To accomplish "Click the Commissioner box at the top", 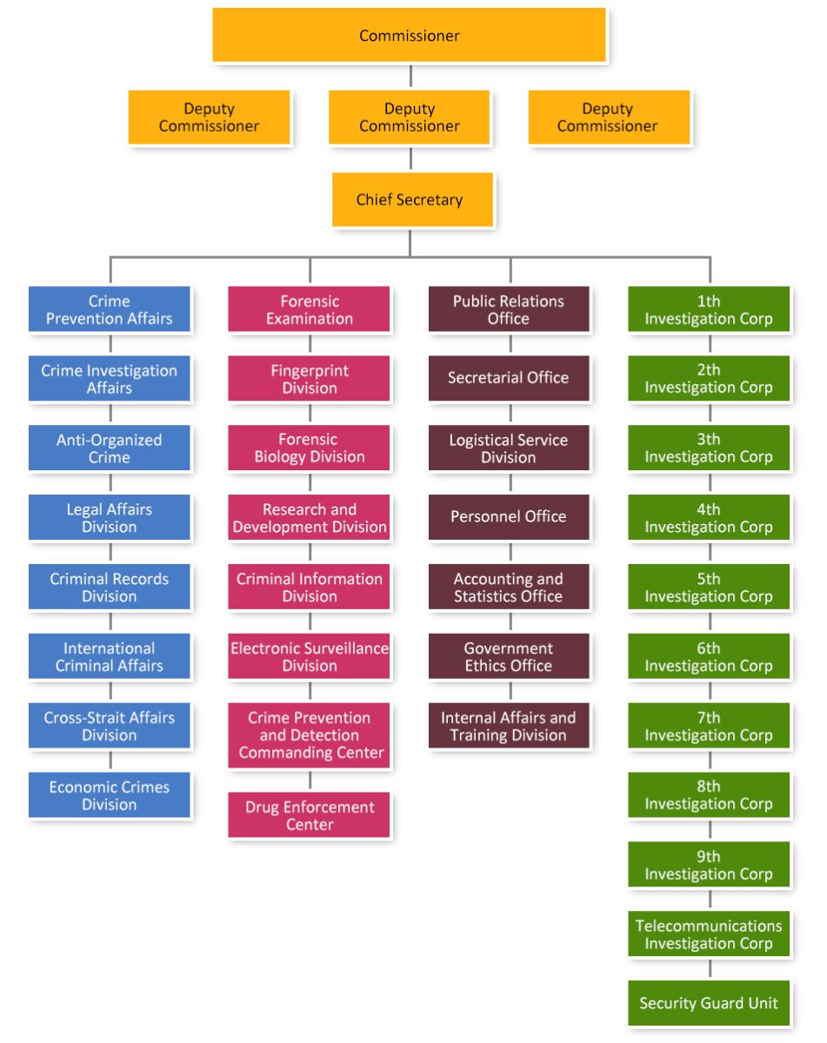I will point(409,36).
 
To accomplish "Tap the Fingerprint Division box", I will point(310,379).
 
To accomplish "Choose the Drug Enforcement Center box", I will point(310,815).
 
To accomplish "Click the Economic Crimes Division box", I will point(110,795).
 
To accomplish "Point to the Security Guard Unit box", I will point(709,1003).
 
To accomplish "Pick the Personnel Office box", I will point(509,517).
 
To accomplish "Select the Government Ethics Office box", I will point(509,657).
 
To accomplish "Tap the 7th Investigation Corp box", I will point(709,726).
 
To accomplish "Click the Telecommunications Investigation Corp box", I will point(709,934).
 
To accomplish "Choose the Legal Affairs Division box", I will point(110,518).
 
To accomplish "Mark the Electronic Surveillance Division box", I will point(310,657).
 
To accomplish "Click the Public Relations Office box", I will point(509,309).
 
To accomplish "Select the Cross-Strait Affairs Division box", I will point(110,726).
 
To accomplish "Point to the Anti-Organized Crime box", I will point(110,448).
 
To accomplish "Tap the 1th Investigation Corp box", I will point(709,309).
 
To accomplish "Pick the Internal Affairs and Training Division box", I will point(509,726).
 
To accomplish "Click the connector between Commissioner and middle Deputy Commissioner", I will point(410,76).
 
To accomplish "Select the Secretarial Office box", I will point(509,378).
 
